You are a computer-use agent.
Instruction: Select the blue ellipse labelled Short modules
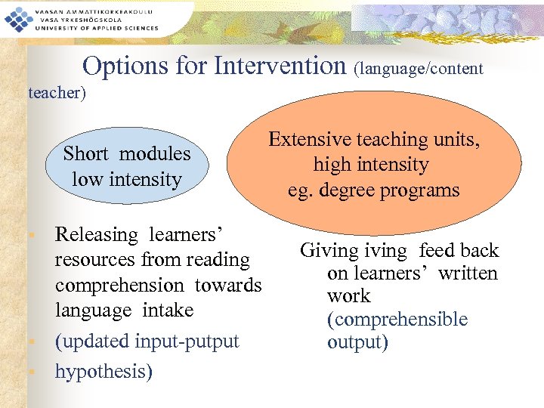126,167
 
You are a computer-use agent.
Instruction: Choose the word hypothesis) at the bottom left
104,371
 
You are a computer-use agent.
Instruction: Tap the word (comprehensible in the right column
397,320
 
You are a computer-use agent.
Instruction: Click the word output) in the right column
357,342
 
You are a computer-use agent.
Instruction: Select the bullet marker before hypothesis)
31,372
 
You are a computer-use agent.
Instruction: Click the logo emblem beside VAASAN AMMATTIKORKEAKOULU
16,18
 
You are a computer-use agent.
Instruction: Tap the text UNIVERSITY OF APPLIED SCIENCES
96,28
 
